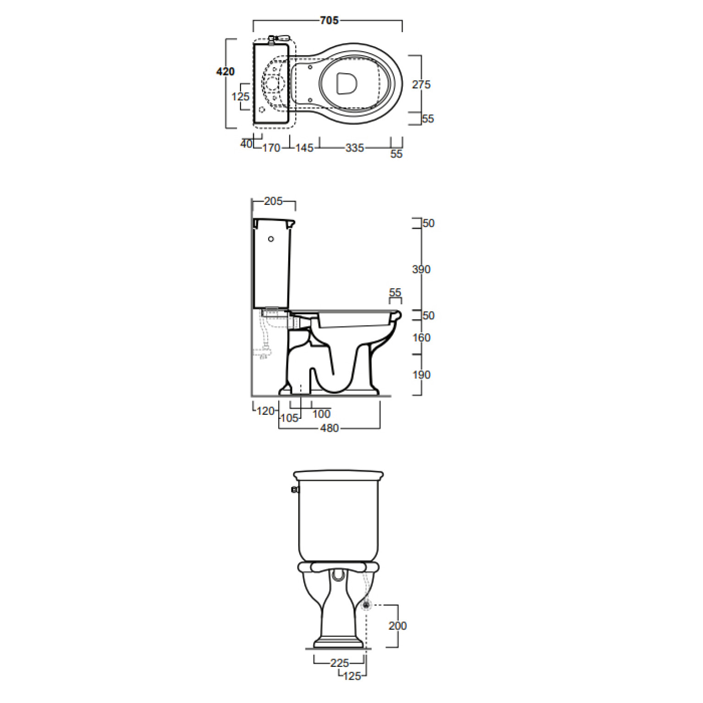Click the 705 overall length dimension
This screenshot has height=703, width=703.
(329, 21)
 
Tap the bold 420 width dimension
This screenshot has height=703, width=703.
(225, 71)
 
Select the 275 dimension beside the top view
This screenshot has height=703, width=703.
(421, 84)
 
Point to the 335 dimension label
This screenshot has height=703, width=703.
(355, 148)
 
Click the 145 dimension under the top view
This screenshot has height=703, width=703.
(304, 148)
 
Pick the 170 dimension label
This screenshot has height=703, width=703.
(271, 148)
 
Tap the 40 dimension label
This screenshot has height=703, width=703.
(247, 144)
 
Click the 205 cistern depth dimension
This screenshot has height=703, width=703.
(273, 201)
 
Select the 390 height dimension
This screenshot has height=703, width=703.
(421, 269)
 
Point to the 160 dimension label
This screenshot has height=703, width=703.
(421, 338)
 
